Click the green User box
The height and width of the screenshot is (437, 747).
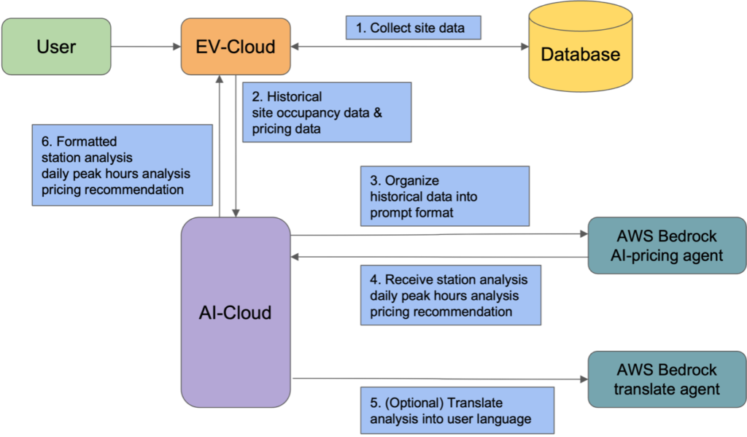point(56,47)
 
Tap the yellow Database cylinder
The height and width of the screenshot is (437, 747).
point(580,51)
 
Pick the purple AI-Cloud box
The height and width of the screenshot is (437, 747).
point(235,312)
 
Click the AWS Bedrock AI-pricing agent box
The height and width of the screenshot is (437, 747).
point(666,246)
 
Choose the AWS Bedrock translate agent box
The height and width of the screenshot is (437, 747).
point(666,379)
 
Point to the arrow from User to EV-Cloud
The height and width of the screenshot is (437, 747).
point(146,47)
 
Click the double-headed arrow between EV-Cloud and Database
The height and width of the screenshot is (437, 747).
point(409,47)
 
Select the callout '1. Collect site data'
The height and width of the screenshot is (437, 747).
point(414,28)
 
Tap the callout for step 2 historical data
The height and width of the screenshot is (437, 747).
point(326,112)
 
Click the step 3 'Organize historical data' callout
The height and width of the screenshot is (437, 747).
point(444,196)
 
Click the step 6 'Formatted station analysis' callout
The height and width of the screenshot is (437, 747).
point(123,165)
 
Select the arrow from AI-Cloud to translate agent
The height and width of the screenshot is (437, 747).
point(438,379)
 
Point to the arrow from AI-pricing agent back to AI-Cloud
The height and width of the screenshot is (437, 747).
point(438,256)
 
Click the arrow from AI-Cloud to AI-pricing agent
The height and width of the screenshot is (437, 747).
point(438,235)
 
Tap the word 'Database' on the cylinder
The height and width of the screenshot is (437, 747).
point(580,54)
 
